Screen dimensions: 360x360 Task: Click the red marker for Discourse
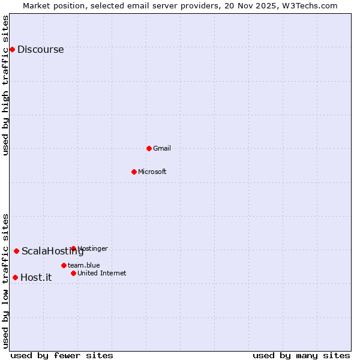12,49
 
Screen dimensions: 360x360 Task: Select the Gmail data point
149,148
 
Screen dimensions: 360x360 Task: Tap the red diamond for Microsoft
134,172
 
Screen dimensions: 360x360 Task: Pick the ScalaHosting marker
16,251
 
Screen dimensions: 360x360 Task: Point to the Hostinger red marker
73,248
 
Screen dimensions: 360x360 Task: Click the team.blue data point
64,265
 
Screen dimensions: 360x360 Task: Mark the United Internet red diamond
73,273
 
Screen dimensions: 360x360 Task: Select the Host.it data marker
15,277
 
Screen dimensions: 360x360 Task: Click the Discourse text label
40,50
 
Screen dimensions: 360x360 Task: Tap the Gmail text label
162,148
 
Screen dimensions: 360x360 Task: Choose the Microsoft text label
152,172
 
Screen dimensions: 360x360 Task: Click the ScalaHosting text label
52,251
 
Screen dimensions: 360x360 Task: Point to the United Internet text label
101,273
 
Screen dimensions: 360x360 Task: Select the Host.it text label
36,277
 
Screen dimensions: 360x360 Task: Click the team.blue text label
83,265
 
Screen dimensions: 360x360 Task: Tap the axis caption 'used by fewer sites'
62,355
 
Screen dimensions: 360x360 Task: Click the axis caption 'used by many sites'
301,355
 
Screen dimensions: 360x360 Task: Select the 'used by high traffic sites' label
5,85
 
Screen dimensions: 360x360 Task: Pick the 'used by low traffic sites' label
5,281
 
